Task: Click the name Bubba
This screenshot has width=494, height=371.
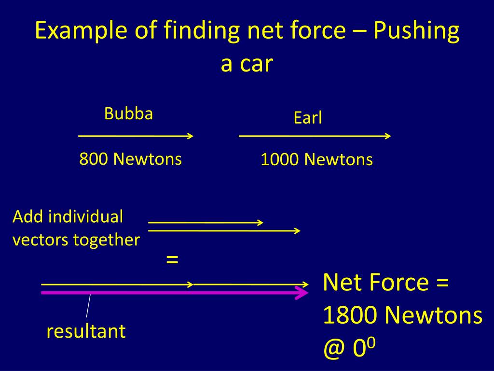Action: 128,114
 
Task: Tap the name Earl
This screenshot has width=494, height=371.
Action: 307,118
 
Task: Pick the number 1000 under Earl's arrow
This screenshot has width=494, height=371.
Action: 280,160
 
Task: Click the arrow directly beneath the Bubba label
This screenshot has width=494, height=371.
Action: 136,136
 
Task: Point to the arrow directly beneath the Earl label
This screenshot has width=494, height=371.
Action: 315,136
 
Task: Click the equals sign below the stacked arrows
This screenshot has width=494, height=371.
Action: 172,259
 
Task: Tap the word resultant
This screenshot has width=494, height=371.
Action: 86,331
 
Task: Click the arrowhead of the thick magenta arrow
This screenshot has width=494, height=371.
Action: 303,293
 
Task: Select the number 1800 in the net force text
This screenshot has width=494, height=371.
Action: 350,316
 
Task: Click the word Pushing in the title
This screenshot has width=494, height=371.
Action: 416,31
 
